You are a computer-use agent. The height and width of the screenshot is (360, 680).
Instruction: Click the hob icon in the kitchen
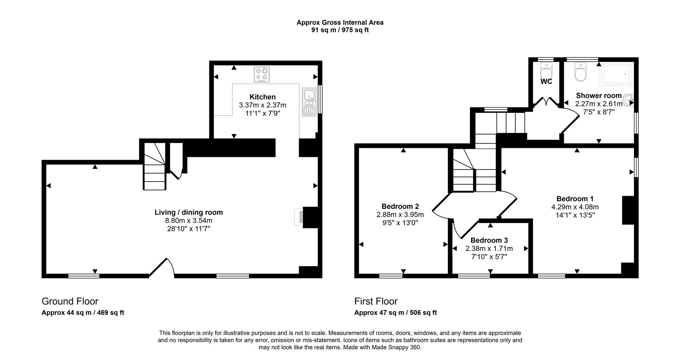(262, 74)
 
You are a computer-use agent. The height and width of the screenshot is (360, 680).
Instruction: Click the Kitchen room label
(262, 97)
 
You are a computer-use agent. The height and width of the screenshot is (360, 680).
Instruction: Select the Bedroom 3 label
(489, 240)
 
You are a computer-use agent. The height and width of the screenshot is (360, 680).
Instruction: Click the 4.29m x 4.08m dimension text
(575, 207)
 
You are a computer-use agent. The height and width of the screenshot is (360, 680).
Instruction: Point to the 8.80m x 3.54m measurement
(189, 221)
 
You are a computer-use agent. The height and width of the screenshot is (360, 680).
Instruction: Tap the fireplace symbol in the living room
(300, 217)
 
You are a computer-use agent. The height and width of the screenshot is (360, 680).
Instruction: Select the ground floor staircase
(155, 166)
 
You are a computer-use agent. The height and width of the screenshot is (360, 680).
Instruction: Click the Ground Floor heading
(70, 301)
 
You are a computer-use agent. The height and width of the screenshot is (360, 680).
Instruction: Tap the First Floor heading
(376, 301)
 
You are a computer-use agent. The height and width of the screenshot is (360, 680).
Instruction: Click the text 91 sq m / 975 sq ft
(340, 30)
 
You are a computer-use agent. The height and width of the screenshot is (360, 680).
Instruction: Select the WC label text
(546, 82)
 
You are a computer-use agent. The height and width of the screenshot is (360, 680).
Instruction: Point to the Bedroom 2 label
(400, 206)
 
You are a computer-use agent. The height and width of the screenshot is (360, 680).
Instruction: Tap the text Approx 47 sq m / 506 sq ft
(395, 313)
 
